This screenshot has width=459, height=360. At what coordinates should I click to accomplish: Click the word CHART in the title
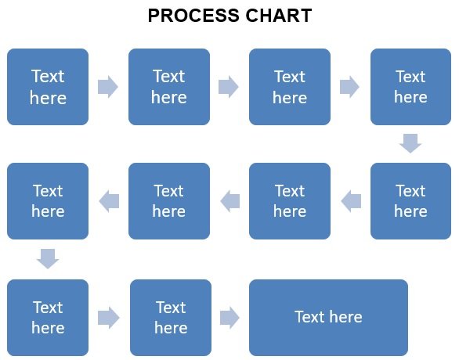coord(278,16)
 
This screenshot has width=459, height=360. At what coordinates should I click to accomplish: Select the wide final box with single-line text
coord(328,318)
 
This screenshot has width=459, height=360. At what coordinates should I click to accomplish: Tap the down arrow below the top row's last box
coord(410,143)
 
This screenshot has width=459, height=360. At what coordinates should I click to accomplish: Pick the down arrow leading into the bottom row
coord(48,259)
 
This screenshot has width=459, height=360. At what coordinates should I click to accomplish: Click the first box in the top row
coord(48,87)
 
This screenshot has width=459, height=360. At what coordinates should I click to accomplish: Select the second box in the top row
coord(169,87)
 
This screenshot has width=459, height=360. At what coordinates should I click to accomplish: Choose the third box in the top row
coord(290,87)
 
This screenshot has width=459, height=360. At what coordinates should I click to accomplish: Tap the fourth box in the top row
coord(410,87)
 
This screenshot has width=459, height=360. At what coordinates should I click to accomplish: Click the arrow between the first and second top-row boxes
coord(108,87)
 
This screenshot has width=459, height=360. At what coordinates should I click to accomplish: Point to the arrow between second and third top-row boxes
coord(229,87)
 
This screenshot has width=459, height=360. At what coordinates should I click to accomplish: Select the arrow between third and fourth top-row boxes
coord(349,87)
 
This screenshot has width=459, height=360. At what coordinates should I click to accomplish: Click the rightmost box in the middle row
coord(410,201)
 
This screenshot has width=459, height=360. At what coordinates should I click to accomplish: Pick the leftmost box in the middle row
coord(48,201)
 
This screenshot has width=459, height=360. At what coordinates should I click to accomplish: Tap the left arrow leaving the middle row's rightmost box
coord(351,201)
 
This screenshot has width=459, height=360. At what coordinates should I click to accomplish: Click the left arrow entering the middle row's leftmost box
coord(109,201)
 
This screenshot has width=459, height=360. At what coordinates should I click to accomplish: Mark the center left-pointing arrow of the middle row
coord(230,201)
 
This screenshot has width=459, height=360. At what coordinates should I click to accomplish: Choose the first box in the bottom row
coord(48,318)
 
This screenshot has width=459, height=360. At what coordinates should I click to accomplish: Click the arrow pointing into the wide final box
coord(229,318)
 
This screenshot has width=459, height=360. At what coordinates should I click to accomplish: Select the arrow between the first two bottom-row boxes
coord(109,318)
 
